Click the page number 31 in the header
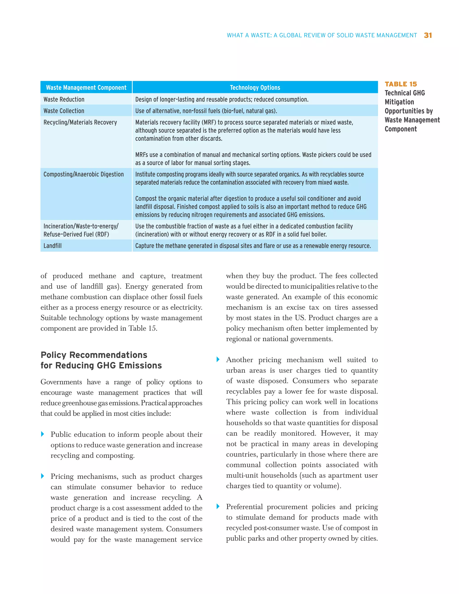pyautogui.click(x=428, y=35)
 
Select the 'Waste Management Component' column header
pyautogui.click(x=86, y=88)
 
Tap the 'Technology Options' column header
pyautogui.click(x=255, y=88)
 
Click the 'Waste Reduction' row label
pyautogui.click(x=64, y=100)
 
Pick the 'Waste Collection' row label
pyautogui.click(x=64, y=111)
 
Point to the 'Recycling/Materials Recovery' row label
pyautogui.click(x=80, y=122)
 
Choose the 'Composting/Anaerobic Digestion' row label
pyautogui.click(x=83, y=174)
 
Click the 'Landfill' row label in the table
pyautogui.click(x=52, y=246)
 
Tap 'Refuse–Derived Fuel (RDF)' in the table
pyautogui.click(x=76, y=234)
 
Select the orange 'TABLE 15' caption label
pyautogui.click(x=401, y=84)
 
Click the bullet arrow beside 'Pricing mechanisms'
pyautogui.click(x=42, y=476)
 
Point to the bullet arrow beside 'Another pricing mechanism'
pyautogui.click(x=218, y=360)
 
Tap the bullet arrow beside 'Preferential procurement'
pyautogui.click(x=218, y=506)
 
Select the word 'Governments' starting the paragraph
pyautogui.click(x=61, y=382)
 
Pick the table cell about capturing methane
pyautogui.click(x=253, y=246)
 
